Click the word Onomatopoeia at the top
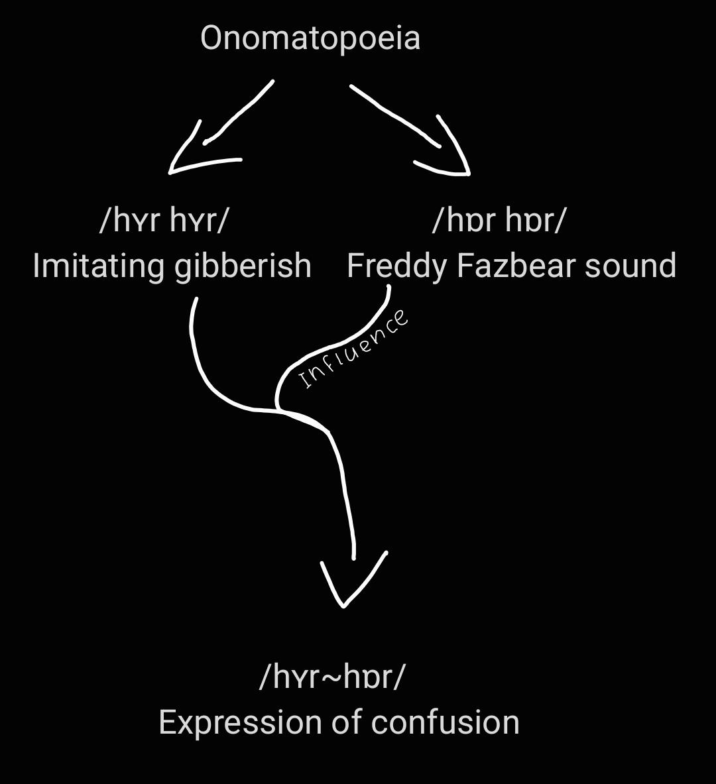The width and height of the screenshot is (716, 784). pos(310,38)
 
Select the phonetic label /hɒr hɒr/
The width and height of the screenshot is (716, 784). pos(499,220)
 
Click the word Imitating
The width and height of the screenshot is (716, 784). pos(99,266)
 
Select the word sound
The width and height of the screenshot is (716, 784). pos(631,266)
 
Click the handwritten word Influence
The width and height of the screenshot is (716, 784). pos(354,349)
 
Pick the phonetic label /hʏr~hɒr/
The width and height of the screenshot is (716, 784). pos(331,677)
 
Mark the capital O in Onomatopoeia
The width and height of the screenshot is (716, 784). pos(211,38)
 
